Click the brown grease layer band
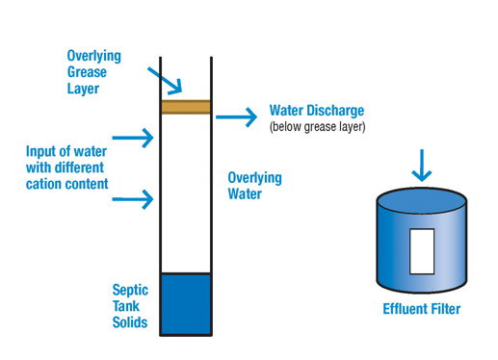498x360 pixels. (x=186, y=107)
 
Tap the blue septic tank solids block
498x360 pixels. (x=186, y=304)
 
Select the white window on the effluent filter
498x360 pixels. (x=422, y=251)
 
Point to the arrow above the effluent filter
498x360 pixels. (x=422, y=166)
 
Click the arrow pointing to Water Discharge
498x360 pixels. (x=236, y=116)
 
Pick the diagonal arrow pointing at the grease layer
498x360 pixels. (x=165, y=81)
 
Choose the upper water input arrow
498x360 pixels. (x=133, y=138)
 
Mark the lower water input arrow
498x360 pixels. (x=133, y=199)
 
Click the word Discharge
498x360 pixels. (x=335, y=111)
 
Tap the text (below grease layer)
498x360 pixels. (x=317, y=127)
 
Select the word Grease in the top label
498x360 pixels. (x=87, y=72)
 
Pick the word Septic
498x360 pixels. (x=130, y=290)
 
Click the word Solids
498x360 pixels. (x=130, y=322)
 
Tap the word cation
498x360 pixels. (x=44, y=184)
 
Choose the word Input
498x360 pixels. (x=37, y=151)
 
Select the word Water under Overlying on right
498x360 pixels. (x=245, y=194)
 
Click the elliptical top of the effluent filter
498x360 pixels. (x=422, y=201)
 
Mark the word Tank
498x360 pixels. (x=126, y=306)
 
